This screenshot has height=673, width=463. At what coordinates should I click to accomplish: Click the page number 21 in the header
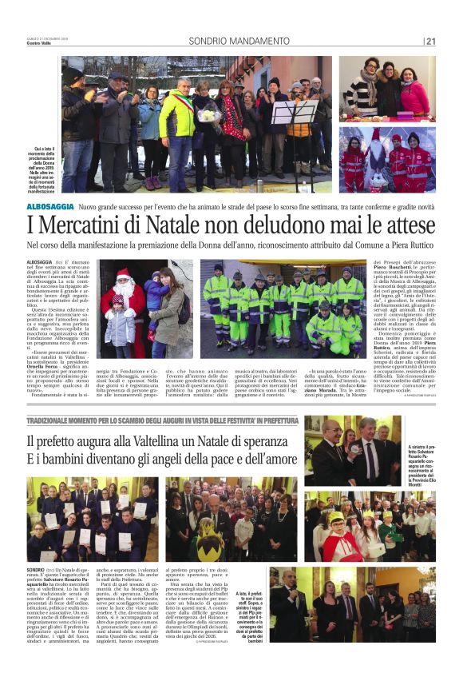(431, 41)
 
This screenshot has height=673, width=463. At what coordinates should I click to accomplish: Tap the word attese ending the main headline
(410, 225)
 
